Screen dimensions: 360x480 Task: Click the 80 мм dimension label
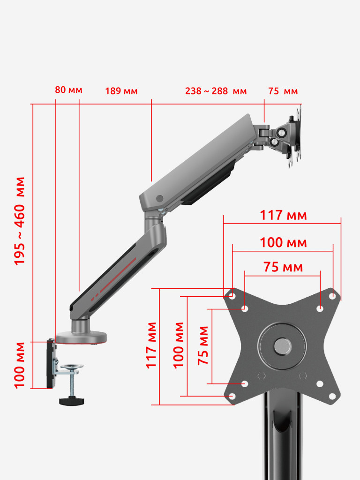tap(68, 90)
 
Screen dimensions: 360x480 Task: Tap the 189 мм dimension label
tap(121, 91)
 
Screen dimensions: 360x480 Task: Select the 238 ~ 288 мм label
tap(216, 91)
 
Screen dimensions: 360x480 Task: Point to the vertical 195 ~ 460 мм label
tap(19, 221)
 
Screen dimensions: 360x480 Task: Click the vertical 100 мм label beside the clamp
tap(19, 365)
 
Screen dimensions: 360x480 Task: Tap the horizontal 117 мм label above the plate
tap(283, 215)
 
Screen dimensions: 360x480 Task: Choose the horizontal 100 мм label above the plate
tap(283, 242)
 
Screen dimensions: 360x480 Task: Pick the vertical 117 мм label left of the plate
tap(151, 345)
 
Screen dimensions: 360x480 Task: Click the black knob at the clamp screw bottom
tap(72, 401)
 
